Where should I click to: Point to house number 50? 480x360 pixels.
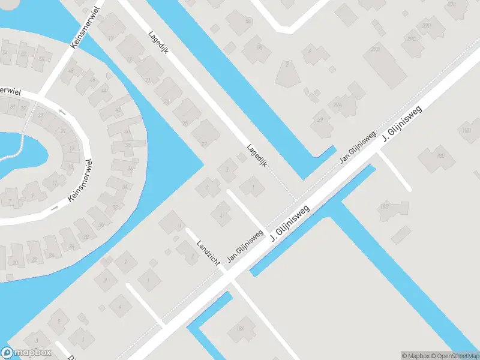click(x=41, y=59)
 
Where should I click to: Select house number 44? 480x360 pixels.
click(x=104, y=91)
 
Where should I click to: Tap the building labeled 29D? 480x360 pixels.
click(x=427, y=26)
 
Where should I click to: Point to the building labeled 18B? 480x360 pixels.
click(x=385, y=208)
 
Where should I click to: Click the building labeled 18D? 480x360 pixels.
click(x=467, y=130)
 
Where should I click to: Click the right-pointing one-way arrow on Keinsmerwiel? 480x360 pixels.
click(x=55, y=208)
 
